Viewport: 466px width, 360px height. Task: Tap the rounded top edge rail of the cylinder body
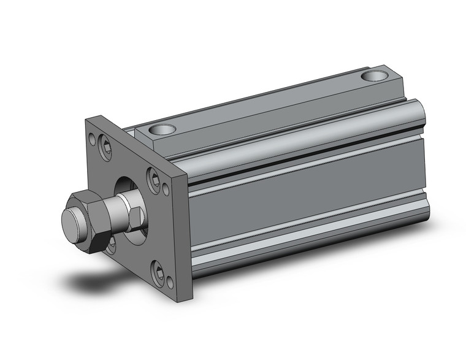[307, 126]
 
